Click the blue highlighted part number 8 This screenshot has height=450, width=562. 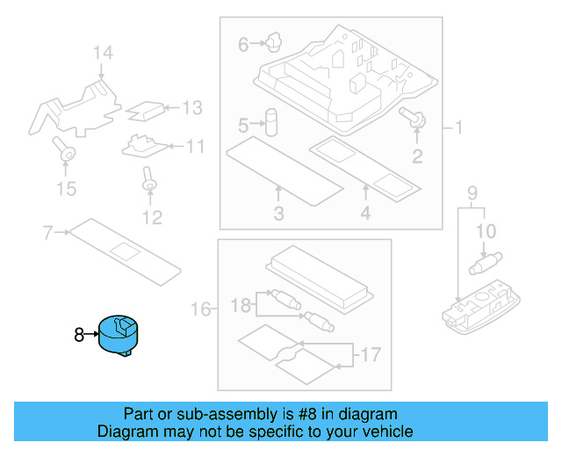pos(122,335)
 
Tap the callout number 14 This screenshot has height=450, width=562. pos(104,54)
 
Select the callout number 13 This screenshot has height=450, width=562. pos(191,108)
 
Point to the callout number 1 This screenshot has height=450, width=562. pos(458,127)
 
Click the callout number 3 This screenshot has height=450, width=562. pos(278,214)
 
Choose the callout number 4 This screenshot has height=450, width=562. pos(364,214)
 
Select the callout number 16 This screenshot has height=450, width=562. pos(201,308)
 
